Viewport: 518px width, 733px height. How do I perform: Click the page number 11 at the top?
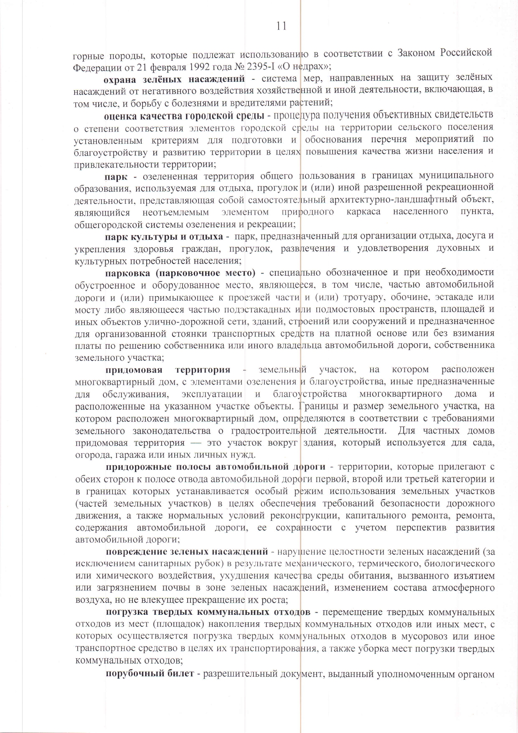point(282,26)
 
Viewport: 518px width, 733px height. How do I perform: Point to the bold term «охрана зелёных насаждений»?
point(174,78)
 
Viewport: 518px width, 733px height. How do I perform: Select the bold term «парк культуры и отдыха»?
point(164,236)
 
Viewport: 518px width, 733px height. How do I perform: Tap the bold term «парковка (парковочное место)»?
point(180,273)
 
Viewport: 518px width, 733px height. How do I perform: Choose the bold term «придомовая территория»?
point(168,370)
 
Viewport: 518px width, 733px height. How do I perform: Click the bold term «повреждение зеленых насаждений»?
point(186,552)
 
